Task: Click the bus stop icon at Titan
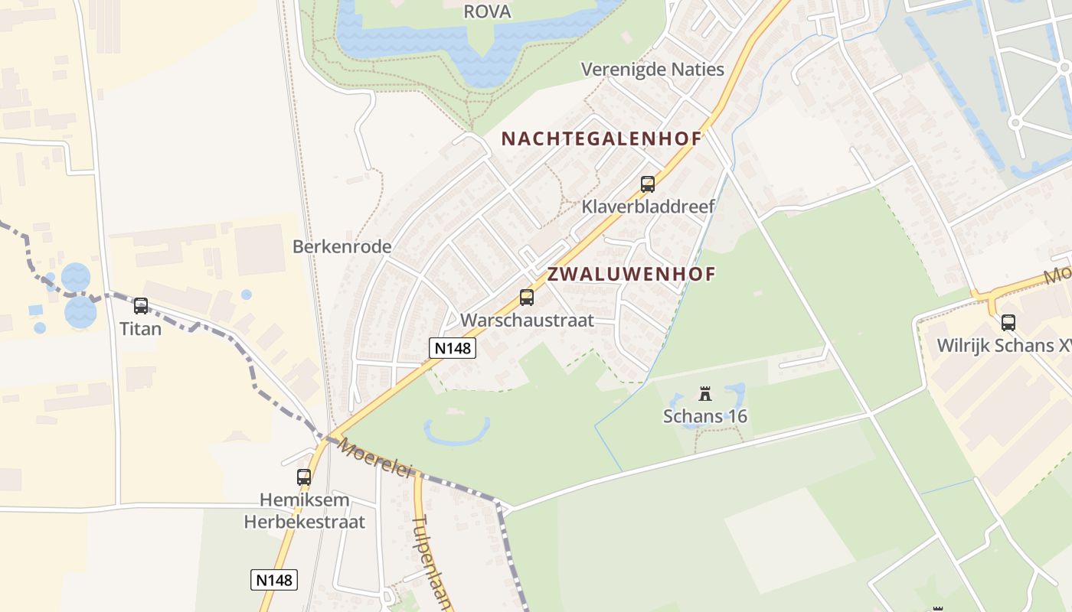click(x=141, y=306)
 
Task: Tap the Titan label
click(x=141, y=329)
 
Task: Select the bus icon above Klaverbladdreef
click(x=648, y=184)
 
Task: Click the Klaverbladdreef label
click(x=648, y=207)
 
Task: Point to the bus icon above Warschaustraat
click(x=527, y=298)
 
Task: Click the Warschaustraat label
click(x=527, y=320)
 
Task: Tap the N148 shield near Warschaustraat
click(x=452, y=348)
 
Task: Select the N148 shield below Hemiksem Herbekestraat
click(x=274, y=580)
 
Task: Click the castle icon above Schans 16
click(x=705, y=395)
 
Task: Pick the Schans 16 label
click(x=705, y=416)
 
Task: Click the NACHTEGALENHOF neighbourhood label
click(x=601, y=138)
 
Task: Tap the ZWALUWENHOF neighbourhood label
click(x=631, y=274)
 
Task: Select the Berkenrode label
click(x=342, y=246)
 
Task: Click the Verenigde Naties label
click(x=652, y=70)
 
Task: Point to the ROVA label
click(x=487, y=11)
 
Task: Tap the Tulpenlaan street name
click(x=430, y=562)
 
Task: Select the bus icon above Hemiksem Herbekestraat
click(x=304, y=477)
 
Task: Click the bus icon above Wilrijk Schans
click(x=1008, y=323)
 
